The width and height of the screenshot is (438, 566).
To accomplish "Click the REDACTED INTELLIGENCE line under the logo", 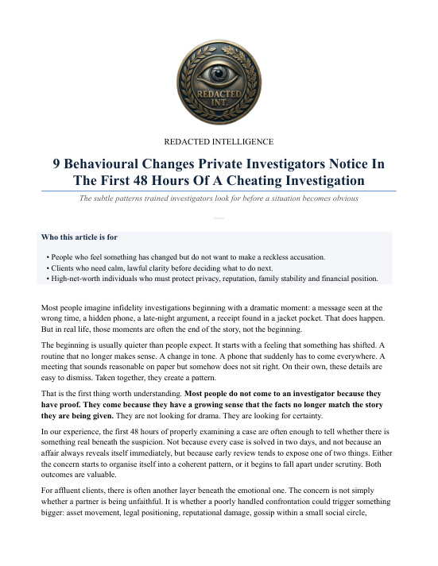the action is click(x=219, y=142).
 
